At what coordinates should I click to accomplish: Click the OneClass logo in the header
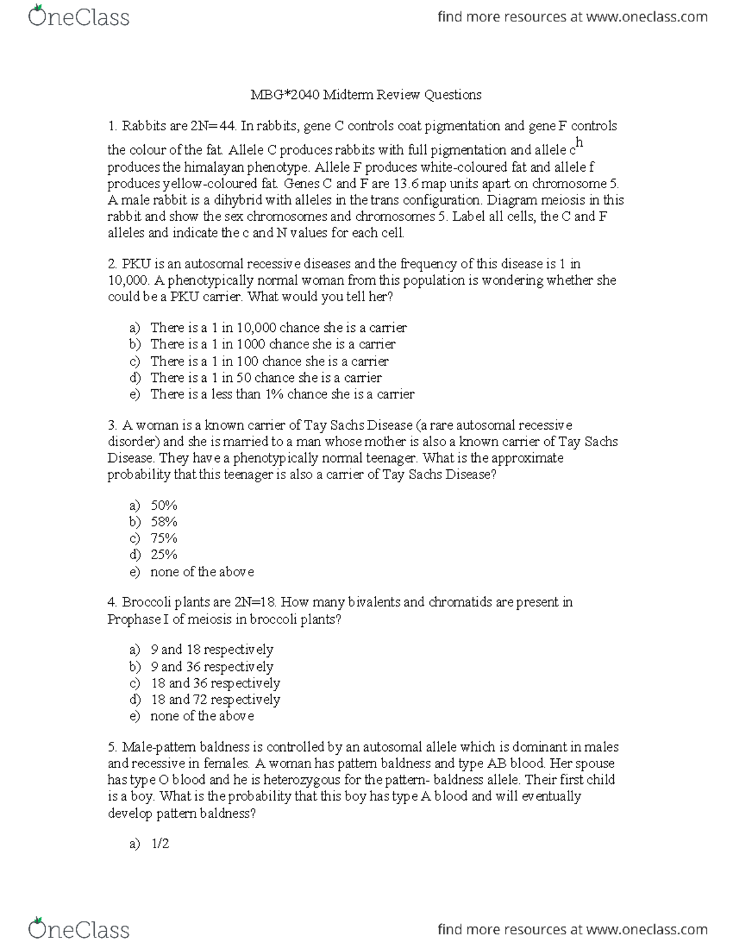point(79,16)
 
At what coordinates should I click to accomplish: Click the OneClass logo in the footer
point(79,929)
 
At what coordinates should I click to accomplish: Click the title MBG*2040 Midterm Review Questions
point(366,95)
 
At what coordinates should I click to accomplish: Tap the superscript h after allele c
point(580,143)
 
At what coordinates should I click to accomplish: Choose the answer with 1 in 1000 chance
point(272,344)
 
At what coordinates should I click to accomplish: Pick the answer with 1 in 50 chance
point(266,378)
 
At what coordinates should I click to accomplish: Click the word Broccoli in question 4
point(146,603)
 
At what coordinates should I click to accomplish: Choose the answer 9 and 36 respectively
point(211,667)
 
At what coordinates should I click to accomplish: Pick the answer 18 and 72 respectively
point(215,700)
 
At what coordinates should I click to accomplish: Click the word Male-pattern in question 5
point(154,747)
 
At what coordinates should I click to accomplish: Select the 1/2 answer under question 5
point(160,844)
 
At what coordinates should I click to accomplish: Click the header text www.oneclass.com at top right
point(647,17)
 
